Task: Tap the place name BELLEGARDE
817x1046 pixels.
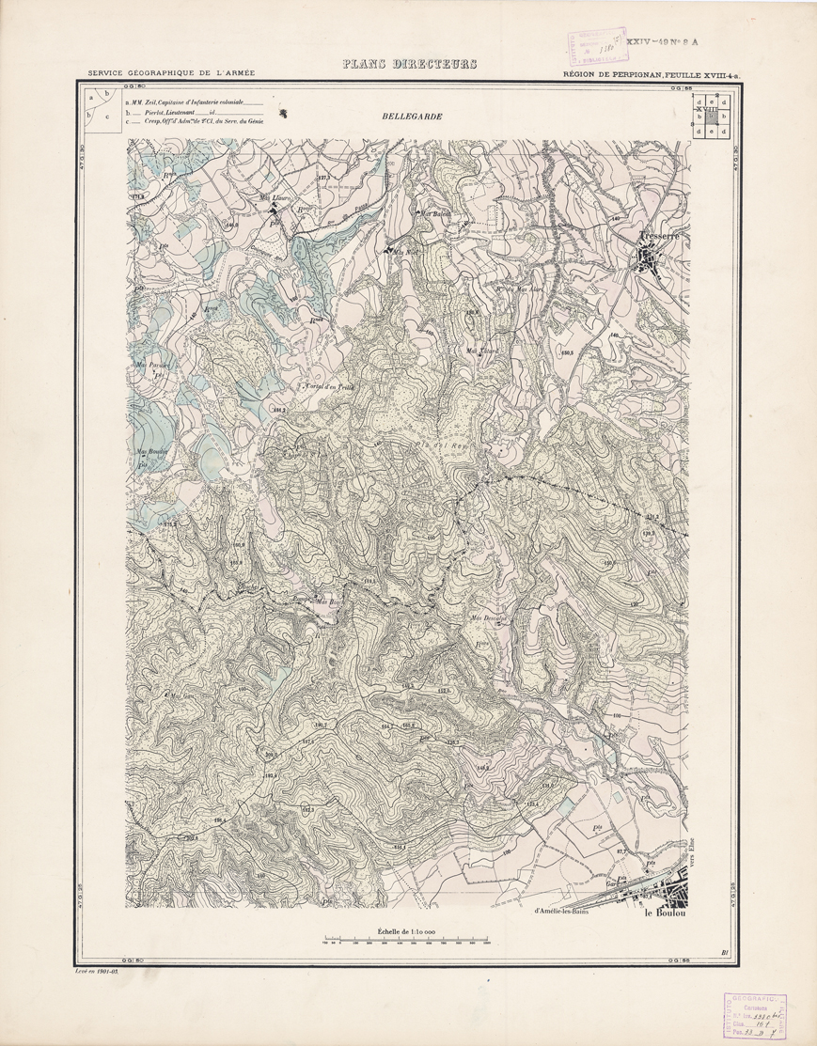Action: (x=412, y=117)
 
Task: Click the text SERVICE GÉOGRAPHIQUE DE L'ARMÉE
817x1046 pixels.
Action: (x=171, y=73)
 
